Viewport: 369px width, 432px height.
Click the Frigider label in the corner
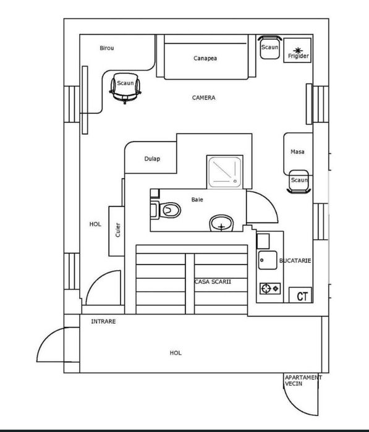[x=298, y=56]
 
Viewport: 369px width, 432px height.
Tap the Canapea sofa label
[x=205, y=58]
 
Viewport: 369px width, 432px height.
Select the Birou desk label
[x=107, y=48]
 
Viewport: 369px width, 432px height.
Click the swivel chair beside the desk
[x=125, y=88]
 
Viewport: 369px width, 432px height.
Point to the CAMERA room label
[x=203, y=98]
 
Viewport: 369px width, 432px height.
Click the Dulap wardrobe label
[x=152, y=159]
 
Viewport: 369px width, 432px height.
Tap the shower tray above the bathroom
[x=224, y=172]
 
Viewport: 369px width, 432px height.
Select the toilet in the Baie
[x=166, y=210]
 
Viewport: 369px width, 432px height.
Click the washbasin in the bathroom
[x=221, y=223]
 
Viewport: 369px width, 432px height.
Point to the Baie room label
[x=197, y=200]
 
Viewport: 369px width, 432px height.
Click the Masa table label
[x=297, y=151]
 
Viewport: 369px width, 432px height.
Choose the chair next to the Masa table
[x=299, y=182]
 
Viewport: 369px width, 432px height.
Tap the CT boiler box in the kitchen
[x=300, y=295]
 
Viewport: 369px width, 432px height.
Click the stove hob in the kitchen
[x=270, y=289]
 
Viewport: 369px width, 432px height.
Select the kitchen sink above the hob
[x=268, y=260]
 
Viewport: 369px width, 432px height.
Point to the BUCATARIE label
[x=295, y=261]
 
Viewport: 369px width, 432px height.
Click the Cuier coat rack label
[x=117, y=230]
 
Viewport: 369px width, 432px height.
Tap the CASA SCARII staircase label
[x=213, y=282]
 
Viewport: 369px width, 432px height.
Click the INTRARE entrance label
[x=103, y=321]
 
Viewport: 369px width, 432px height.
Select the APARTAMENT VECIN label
[x=303, y=381]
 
